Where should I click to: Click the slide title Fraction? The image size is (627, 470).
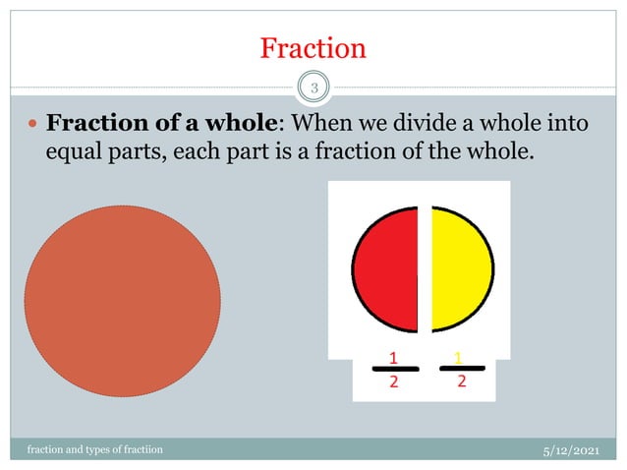pos(313,47)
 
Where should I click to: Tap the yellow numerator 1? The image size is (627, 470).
pos(459,355)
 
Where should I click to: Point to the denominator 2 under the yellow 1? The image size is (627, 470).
pos(460,382)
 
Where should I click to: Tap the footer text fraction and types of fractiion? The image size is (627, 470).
pos(95,449)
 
